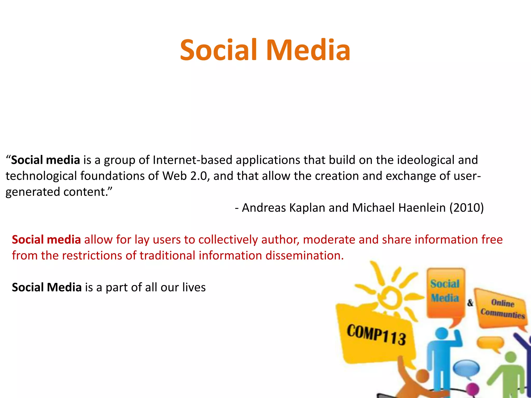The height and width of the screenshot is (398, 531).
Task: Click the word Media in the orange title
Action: click(308, 50)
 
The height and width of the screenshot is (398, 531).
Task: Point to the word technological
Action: click(41, 176)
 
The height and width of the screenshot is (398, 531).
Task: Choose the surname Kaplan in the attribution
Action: click(307, 208)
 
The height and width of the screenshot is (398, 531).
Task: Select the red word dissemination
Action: click(304, 256)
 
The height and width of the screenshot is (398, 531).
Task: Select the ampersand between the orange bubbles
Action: click(470, 303)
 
